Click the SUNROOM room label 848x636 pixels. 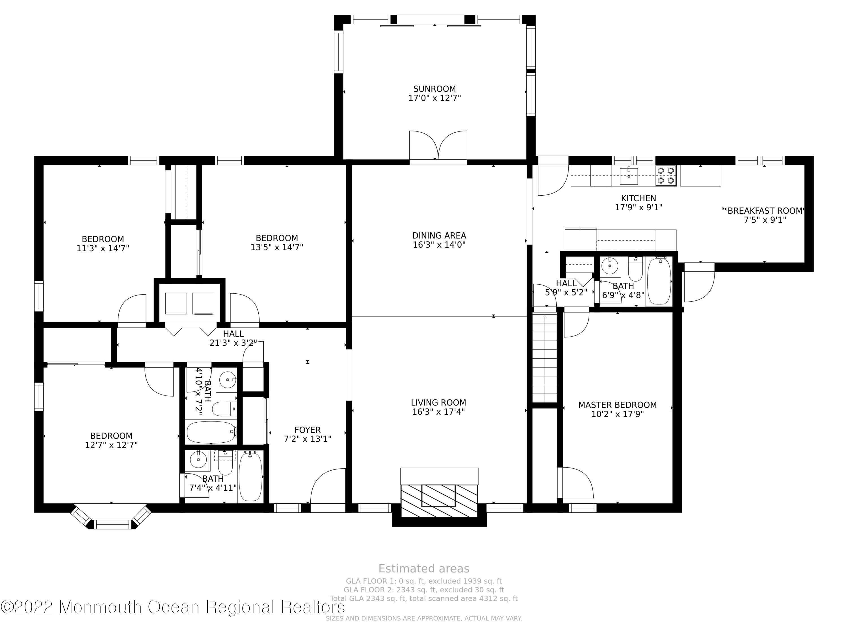tap(434, 89)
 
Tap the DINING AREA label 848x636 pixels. tap(439, 236)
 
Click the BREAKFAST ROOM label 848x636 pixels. tap(765, 211)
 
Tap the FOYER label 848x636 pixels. tap(308, 430)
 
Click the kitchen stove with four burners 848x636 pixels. tap(665, 176)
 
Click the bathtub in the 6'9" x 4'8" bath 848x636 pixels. tap(659, 281)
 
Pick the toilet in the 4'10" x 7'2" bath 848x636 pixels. tap(225, 409)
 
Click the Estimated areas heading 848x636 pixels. tap(424, 568)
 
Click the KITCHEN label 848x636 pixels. tap(638, 198)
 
